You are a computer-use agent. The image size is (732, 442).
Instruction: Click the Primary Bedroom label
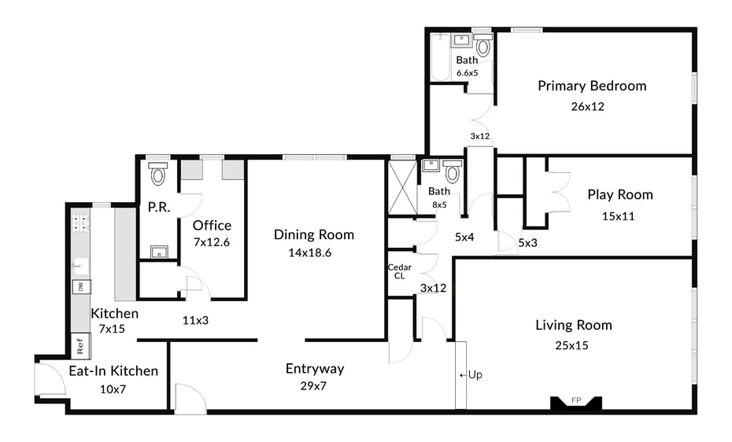pyautogui.click(x=592, y=86)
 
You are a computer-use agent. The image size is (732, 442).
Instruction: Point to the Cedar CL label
pyautogui.click(x=400, y=271)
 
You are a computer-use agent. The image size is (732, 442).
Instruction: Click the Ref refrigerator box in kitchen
pyautogui.click(x=79, y=344)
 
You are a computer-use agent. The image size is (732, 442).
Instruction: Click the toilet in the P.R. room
pyautogui.click(x=158, y=175)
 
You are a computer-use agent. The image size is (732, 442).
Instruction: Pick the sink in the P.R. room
pyautogui.click(x=158, y=252)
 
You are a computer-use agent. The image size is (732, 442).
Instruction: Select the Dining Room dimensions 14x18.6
pyautogui.click(x=314, y=253)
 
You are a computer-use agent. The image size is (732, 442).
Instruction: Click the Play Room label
pyautogui.click(x=619, y=194)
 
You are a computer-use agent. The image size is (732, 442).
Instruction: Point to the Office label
pyautogui.click(x=213, y=225)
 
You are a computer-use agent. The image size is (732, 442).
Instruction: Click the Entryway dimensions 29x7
pyautogui.click(x=314, y=386)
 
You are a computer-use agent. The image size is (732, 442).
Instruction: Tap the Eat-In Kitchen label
pyautogui.click(x=113, y=370)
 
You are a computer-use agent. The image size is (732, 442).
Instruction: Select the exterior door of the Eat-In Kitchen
pyautogui.click(x=49, y=381)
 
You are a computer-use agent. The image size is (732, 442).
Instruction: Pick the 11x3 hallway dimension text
pyautogui.click(x=194, y=320)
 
